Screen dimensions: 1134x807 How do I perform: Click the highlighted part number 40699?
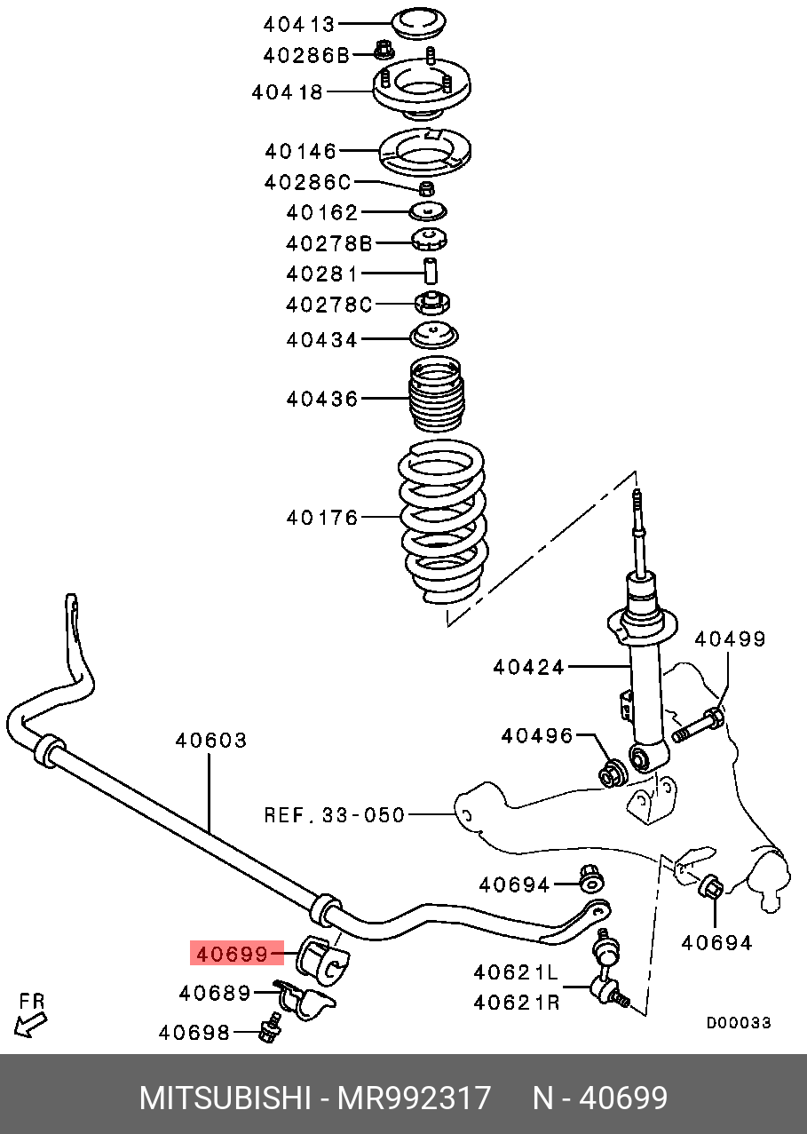(233, 955)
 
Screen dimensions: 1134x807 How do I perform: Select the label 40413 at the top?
(299, 24)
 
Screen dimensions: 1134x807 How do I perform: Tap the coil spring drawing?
(442, 524)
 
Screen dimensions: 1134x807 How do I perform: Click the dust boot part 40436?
(436, 397)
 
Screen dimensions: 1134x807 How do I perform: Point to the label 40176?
(321, 517)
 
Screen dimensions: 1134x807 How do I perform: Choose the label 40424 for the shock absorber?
(529, 666)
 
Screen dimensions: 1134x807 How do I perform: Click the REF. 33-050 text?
(334, 814)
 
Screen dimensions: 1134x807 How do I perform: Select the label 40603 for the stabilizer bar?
(210, 740)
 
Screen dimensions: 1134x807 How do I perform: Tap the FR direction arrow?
(31, 1015)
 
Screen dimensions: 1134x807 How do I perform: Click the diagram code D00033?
(739, 1023)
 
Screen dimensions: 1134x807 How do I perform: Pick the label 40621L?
(517, 973)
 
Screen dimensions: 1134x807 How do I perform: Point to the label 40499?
(729, 638)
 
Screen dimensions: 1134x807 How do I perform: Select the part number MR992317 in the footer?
(414, 1098)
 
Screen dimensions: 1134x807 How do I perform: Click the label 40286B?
(307, 55)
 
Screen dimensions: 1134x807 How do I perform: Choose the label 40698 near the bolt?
(194, 1032)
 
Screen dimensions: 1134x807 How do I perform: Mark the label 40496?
(536, 735)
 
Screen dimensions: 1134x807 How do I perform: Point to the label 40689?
(215, 993)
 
